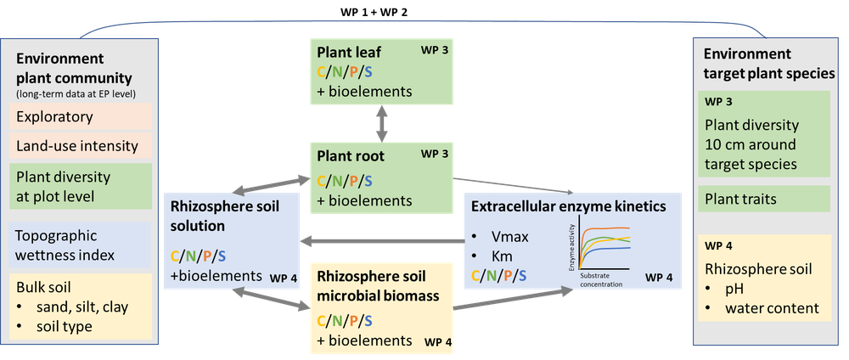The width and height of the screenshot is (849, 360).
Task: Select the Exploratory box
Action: coord(80,117)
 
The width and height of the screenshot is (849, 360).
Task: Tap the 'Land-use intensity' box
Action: coord(80,146)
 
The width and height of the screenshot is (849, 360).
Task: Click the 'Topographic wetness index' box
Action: coord(80,245)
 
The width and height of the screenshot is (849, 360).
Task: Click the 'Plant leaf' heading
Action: coord(344,53)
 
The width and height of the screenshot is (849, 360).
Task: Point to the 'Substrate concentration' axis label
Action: coord(602,279)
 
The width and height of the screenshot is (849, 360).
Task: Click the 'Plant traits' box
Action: coord(763,199)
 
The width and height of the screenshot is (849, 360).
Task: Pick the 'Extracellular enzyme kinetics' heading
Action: coord(569,207)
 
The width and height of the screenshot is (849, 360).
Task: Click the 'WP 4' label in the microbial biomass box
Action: coord(438,342)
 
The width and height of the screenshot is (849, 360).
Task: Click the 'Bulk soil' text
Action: coord(42,287)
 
